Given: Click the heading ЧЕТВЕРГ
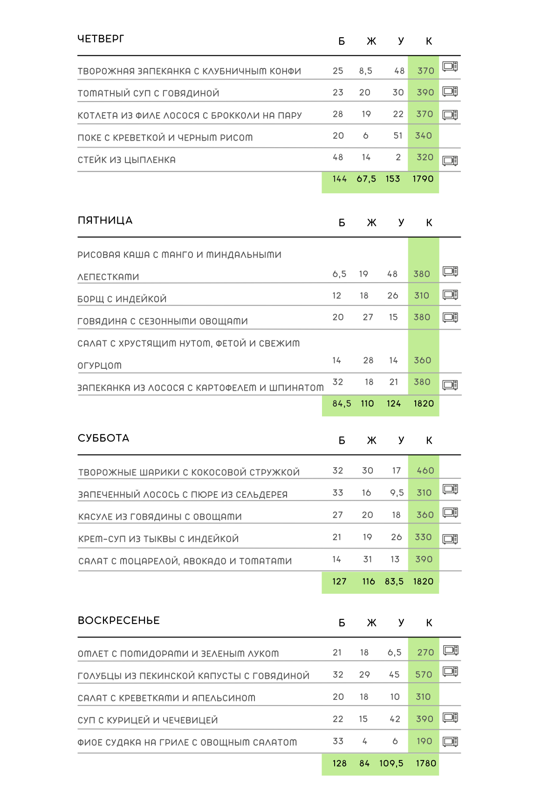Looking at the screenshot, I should pos(101,39).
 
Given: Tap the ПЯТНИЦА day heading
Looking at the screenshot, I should pos(105,220).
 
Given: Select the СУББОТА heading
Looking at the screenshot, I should pos(103,438).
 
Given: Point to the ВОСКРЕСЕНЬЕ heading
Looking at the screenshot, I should pos(119,620).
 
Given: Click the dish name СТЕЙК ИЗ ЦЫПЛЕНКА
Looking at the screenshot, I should pos(126,160).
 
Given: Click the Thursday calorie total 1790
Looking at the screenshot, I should pos(423,179).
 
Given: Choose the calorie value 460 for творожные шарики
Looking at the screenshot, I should pos(425,471).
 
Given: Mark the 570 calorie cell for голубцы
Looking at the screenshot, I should pos(424,675).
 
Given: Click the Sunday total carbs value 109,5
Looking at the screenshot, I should pos(391,763).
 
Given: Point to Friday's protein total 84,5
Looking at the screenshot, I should pos(342,404).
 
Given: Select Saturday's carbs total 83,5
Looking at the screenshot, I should pos(394,582).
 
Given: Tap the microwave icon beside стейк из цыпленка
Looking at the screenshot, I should pos(450,161).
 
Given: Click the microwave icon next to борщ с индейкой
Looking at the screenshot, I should pos(450,295).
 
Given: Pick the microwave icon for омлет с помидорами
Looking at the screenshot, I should pos(451,650).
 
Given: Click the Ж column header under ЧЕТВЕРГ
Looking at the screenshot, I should pos(371,41).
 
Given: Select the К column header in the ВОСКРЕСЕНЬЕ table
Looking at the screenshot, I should pos(429,623).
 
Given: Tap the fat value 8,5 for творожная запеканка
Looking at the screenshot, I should pos(365,71).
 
